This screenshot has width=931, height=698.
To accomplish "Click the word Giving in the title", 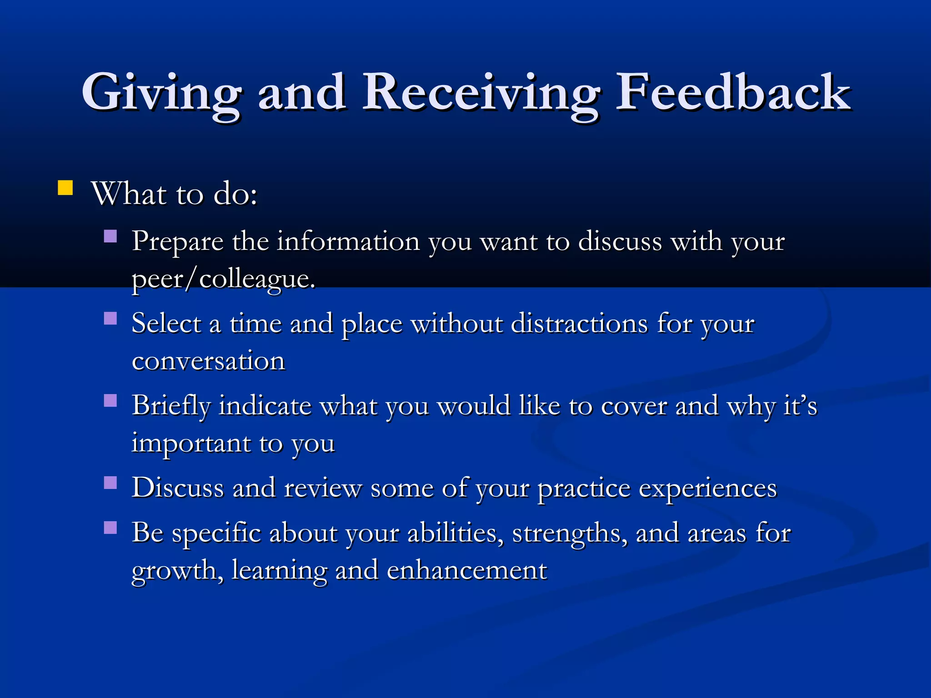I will [161, 93].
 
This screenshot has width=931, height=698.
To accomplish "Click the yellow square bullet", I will [65, 188].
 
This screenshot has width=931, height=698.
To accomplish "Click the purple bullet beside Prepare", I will [110, 236].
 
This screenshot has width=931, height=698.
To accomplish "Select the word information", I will [348, 241].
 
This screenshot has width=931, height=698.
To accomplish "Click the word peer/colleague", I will [223, 279].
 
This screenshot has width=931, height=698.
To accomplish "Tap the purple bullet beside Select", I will [110, 318].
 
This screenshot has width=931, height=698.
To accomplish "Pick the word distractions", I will [579, 324].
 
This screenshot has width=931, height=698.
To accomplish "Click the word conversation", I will [208, 361].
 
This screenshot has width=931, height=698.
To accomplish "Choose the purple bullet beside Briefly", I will [110, 400].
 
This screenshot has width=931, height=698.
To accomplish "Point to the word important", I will [191, 444].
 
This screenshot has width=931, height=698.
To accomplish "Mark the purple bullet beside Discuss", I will [110, 482].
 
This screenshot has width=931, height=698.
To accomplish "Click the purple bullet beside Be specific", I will [110, 527].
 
